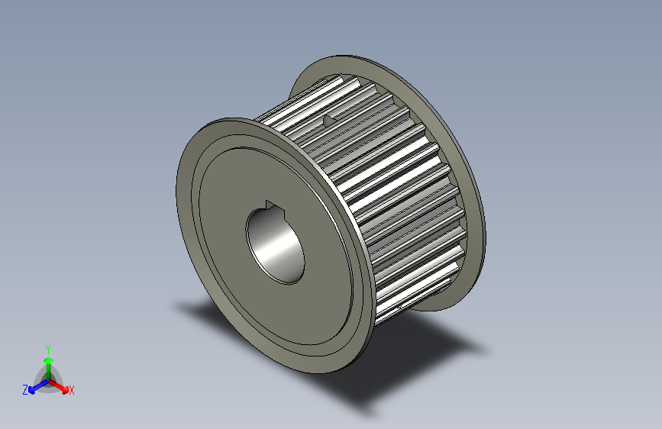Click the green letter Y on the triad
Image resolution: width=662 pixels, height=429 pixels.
[47, 347]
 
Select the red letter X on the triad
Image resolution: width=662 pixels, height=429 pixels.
[72, 390]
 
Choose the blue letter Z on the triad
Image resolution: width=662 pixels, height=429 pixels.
[24, 389]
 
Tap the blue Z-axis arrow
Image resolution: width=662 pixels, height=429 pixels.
[34, 386]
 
